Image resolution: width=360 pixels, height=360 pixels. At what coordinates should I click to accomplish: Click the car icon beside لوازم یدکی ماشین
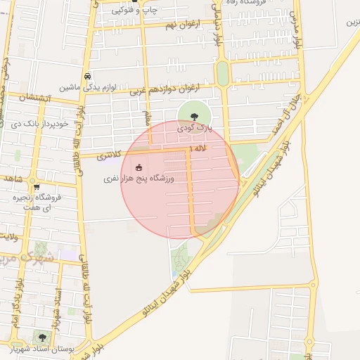(x=86, y=76)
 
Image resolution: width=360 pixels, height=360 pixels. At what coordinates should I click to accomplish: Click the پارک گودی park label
(x=193, y=128)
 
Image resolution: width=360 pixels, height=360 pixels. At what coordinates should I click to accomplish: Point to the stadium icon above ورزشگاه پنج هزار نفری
(x=139, y=167)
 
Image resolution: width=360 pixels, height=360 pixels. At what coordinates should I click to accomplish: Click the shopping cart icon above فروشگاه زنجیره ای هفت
(x=36, y=187)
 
